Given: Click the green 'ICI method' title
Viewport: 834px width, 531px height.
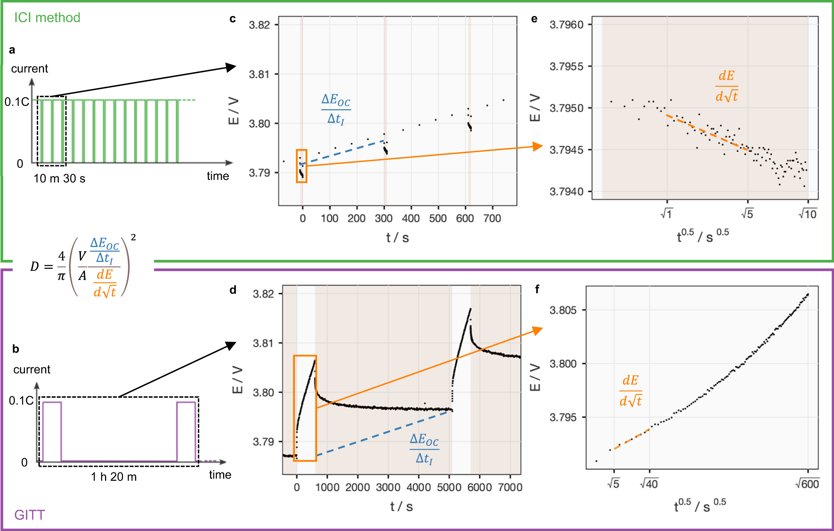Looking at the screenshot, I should point(47,18).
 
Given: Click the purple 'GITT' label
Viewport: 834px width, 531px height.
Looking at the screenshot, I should point(29,515).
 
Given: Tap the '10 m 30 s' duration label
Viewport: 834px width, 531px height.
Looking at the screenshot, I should point(59,178).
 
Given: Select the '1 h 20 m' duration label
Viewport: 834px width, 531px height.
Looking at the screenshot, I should point(114,477).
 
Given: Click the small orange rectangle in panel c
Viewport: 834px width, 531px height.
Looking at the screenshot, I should point(302,166).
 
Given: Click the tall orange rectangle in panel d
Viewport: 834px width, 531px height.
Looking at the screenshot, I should point(305,408).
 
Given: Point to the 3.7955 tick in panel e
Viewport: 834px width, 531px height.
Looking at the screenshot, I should point(566,66).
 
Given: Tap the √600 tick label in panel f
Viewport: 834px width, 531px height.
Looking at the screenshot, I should point(807,484).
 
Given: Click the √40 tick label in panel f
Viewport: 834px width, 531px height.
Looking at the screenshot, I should point(649,484).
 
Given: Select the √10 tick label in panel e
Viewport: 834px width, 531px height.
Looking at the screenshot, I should point(807,214).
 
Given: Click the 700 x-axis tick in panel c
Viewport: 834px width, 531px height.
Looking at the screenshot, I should point(492,218).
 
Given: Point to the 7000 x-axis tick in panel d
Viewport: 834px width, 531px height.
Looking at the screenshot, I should point(510,487).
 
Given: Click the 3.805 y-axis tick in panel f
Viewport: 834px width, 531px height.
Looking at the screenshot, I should point(563,310).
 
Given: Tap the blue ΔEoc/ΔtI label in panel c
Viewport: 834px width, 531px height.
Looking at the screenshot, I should point(336,109).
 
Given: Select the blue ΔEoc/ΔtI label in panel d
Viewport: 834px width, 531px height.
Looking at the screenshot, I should point(424,449).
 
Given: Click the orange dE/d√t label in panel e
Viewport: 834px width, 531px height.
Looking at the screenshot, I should point(727,86).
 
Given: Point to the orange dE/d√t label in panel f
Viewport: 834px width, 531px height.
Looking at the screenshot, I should point(631,391).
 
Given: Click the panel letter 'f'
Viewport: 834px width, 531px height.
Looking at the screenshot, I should point(537,290).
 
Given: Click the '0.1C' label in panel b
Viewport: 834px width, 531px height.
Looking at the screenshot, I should point(21,400).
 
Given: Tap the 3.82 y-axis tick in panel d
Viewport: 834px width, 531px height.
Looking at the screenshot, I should point(263,294).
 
